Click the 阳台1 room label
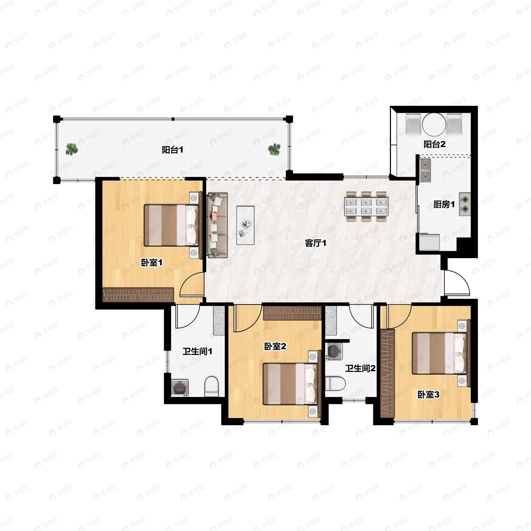[172, 150]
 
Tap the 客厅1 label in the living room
[316, 243]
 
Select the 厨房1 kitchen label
[444, 204]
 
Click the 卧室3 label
[428, 395]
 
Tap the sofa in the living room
[217, 225]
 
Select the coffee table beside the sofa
[245, 225]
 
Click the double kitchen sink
[425, 171]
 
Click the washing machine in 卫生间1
[180, 388]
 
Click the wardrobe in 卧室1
[138, 295]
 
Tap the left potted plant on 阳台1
[72, 149]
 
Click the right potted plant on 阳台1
[274, 150]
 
